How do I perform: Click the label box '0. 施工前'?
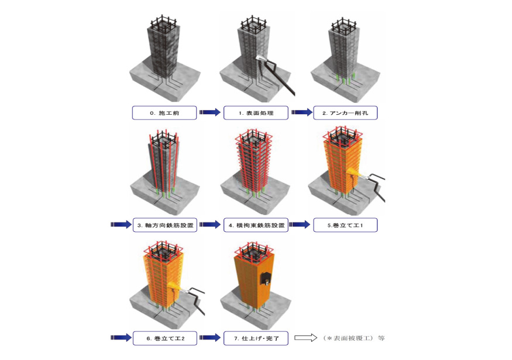click(x=164, y=113)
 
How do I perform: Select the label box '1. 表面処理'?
click(x=256, y=113)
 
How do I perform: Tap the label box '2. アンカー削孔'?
click(x=345, y=113)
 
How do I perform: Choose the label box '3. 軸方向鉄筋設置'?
click(x=165, y=225)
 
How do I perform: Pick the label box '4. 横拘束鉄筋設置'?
click(x=256, y=225)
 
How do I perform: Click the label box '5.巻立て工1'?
click(x=345, y=225)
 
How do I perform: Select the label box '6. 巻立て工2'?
click(x=165, y=338)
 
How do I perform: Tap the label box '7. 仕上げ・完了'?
click(x=256, y=338)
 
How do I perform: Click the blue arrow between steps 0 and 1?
click(x=210, y=112)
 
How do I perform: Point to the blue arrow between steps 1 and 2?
click(x=302, y=112)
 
